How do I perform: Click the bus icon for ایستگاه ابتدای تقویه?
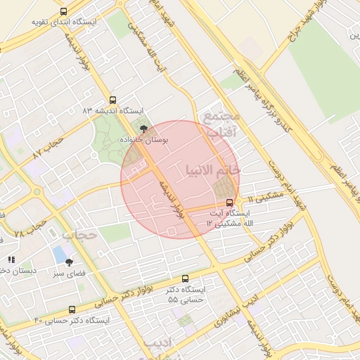coord(64,12)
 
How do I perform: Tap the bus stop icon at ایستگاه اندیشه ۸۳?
coord(112,101)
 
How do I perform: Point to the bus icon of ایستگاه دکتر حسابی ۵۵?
coord(185,279)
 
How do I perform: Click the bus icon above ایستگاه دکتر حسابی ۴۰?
coord(71,309)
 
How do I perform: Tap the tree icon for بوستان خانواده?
coord(145,129)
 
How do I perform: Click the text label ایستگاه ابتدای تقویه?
coord(63,22)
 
